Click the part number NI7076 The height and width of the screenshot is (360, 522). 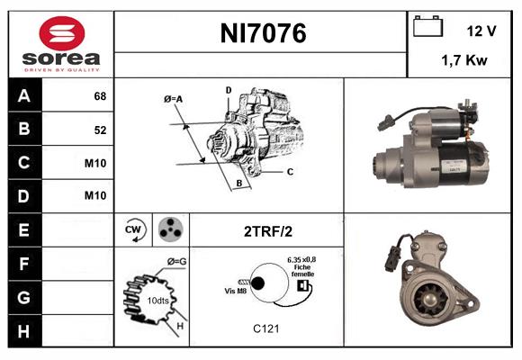pos(263,34)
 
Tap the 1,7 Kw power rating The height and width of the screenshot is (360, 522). pos(465,61)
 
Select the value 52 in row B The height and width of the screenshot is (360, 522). pos(100,130)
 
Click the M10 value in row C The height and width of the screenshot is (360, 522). pos(97,163)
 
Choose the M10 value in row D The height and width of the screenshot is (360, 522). pos(97,195)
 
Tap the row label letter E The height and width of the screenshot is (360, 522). pos(23,229)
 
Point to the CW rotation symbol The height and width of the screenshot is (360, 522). pos(134,230)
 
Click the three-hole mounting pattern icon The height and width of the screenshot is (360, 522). pos(169,230)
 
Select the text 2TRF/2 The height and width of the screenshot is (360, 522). pos(266,231)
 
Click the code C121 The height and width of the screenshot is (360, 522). pos(266,328)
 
